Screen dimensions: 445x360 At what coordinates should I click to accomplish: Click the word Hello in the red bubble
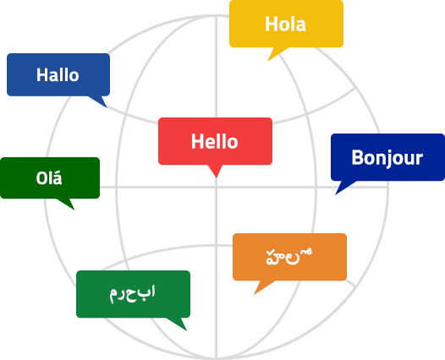(x=215, y=141)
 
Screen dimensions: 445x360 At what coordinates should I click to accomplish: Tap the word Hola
(x=285, y=25)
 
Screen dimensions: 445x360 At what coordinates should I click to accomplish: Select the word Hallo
(x=58, y=75)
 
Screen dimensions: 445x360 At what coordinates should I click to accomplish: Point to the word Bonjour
(x=387, y=158)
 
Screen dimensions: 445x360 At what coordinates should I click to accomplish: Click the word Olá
(x=49, y=177)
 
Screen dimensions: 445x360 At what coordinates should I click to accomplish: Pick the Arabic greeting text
(x=133, y=294)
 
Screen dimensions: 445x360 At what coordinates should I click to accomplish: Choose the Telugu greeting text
(x=289, y=257)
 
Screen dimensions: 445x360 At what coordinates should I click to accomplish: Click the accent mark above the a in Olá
(x=58, y=172)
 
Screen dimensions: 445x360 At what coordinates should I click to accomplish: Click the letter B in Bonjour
(x=357, y=157)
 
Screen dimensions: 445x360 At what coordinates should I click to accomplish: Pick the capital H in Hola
(x=271, y=25)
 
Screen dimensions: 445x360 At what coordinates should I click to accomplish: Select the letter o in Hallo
(x=74, y=77)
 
